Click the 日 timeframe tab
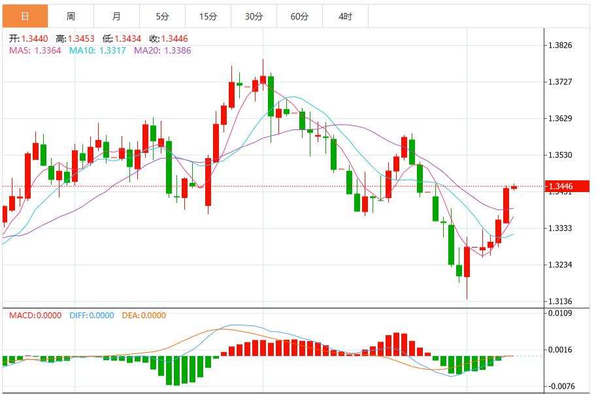click(x=25, y=16)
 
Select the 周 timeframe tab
click(x=71, y=16)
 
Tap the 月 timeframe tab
click(x=116, y=16)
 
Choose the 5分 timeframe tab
click(x=162, y=16)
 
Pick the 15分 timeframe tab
click(x=208, y=16)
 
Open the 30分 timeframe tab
click(x=254, y=16)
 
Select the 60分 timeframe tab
click(x=299, y=16)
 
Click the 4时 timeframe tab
click(x=345, y=16)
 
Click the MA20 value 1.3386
click(x=177, y=50)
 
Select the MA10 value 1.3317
click(x=113, y=50)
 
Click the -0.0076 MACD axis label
click(x=562, y=386)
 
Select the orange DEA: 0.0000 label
click(x=144, y=316)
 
